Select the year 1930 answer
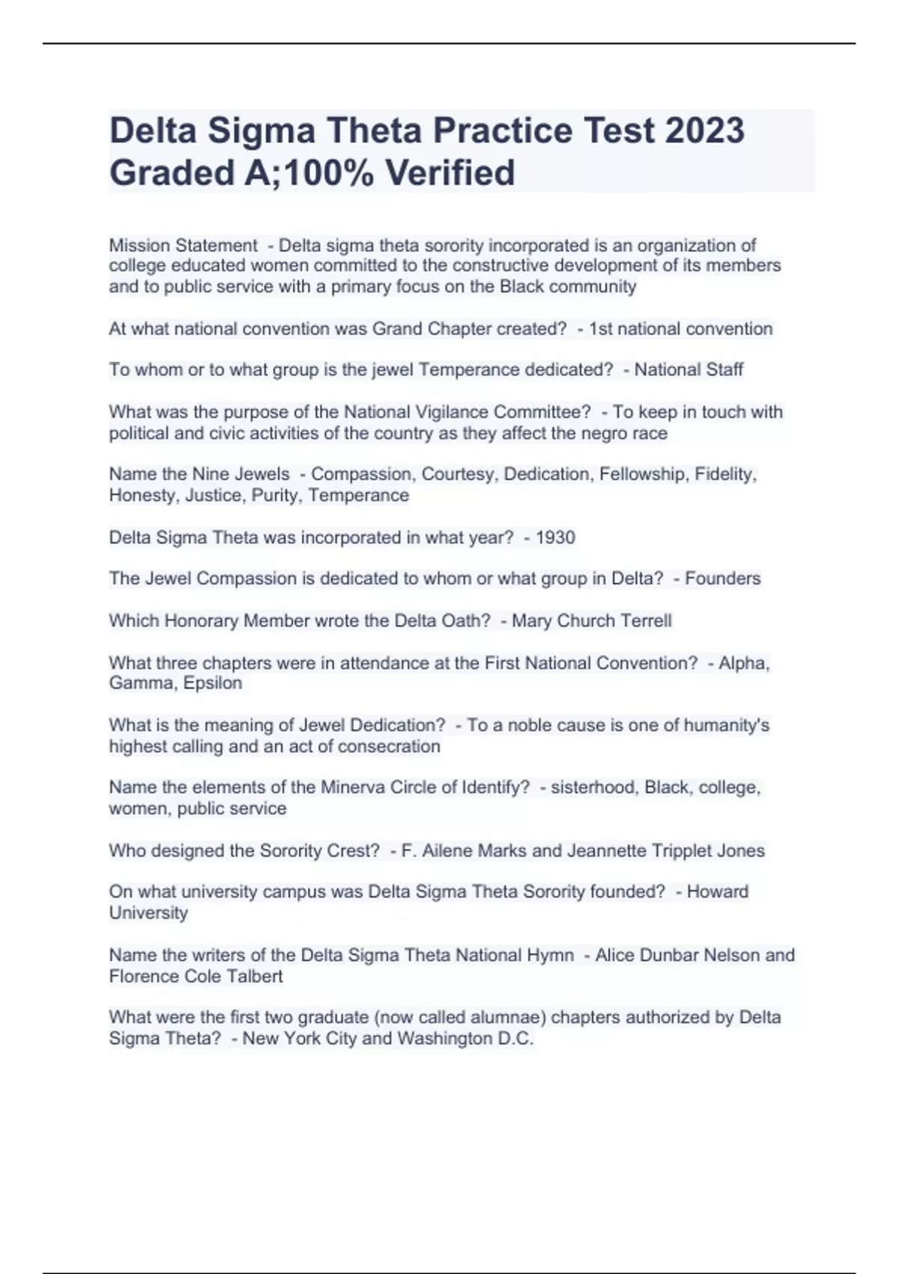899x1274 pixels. coord(555,537)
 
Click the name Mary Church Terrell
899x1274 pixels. coord(591,621)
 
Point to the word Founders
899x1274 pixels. coord(722,579)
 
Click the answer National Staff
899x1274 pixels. coord(688,369)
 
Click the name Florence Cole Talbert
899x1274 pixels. coord(196,976)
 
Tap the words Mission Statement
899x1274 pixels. coord(183,246)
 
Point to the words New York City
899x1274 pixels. coord(299,1039)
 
